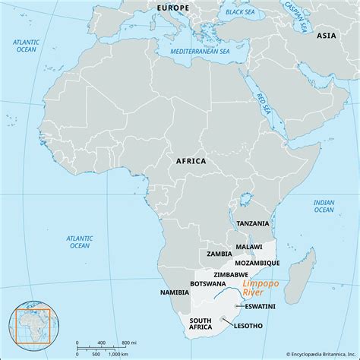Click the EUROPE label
click(173, 8)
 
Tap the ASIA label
click(327, 35)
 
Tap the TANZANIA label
click(251, 223)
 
